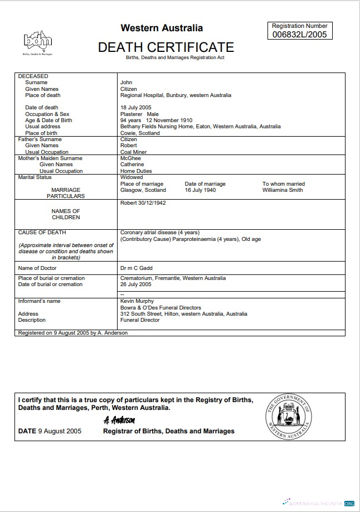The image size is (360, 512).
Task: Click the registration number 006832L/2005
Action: pyautogui.click(x=300, y=35)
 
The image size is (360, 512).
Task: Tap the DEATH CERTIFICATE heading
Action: pyautogui.click(x=166, y=47)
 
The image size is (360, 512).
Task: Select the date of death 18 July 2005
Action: pyautogui.click(x=136, y=108)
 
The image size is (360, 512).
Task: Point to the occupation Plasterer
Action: pyautogui.click(x=131, y=114)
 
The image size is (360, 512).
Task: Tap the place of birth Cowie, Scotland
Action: pyautogui.click(x=140, y=133)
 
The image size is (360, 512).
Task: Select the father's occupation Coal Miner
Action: pyautogui.click(x=133, y=152)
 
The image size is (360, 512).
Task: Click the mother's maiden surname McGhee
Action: pyautogui.click(x=130, y=158)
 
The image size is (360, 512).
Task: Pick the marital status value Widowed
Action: pyautogui.click(x=132, y=177)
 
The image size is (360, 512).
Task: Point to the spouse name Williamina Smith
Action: pyautogui.click(x=283, y=190)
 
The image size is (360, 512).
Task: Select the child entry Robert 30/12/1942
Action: pyautogui.click(x=143, y=203)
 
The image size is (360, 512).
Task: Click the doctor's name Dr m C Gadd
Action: pyautogui.click(x=137, y=268)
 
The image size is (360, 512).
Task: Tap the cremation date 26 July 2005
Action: pyautogui.click(x=136, y=284)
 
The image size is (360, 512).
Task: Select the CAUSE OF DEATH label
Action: pyautogui.click(x=42, y=233)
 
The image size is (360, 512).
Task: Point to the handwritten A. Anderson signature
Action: pyautogui.click(x=119, y=420)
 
